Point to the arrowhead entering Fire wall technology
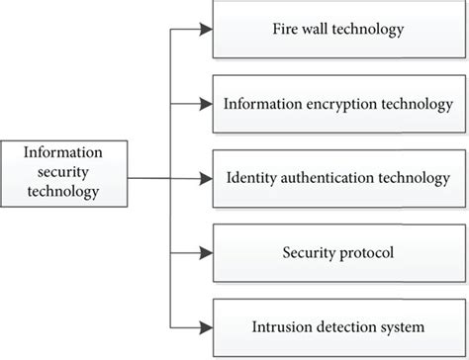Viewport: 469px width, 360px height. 204,30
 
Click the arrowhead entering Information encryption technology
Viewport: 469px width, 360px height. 204,104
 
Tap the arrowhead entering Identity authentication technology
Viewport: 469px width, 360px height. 204,179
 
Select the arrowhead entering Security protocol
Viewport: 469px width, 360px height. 204,253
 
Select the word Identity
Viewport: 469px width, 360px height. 249,179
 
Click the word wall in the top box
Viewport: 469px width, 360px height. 312,30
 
